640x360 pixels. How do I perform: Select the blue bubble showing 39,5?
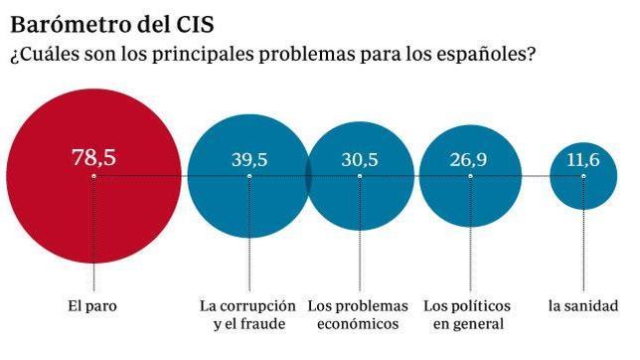(248, 204)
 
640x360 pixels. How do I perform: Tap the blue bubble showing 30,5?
(359, 204)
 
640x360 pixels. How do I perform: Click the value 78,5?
(93, 157)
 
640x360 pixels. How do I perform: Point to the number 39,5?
(248, 159)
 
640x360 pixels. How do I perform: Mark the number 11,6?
(583, 160)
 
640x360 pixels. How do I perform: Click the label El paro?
(92, 305)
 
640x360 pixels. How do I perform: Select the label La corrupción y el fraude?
(248, 314)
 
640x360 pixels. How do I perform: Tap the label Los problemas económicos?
(358, 314)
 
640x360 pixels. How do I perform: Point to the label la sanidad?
(583, 305)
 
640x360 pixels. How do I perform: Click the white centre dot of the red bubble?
(93, 176)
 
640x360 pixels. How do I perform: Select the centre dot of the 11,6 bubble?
(583, 176)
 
